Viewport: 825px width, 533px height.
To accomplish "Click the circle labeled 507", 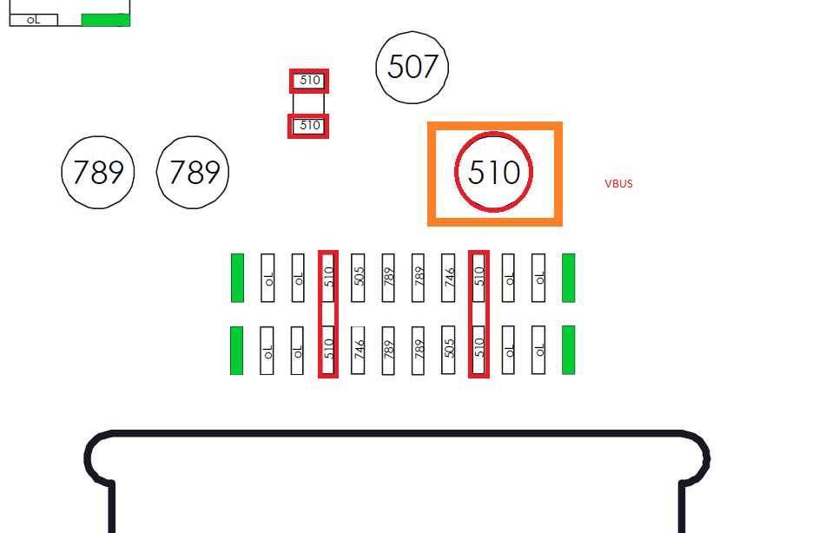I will point(412,68).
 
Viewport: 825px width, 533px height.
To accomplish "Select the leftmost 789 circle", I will point(98,173).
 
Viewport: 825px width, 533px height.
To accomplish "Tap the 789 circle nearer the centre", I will point(193,173).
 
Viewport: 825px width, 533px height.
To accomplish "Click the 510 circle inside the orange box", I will point(494,173).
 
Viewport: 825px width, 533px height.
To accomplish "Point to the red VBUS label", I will point(618,184).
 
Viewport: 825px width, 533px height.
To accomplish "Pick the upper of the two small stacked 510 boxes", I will point(309,81).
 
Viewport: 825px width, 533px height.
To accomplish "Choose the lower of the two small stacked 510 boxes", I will point(309,126).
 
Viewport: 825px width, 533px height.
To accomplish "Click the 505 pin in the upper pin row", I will point(358,278).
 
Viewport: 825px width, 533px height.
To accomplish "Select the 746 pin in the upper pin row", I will point(449,278).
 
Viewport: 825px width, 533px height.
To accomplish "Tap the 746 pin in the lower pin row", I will point(358,350).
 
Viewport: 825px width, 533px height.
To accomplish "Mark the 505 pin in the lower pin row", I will point(449,350).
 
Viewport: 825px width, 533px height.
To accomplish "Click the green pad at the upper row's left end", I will point(237,278).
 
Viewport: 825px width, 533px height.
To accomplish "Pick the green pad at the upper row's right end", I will point(569,278).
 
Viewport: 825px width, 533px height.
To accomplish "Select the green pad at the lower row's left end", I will point(236,350).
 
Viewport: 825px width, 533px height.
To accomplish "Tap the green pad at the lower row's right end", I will point(569,350).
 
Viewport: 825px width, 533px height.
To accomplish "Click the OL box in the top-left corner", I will point(33,20).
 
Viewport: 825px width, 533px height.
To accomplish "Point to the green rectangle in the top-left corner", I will point(105,19).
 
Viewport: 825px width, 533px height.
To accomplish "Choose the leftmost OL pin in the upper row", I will point(267,278).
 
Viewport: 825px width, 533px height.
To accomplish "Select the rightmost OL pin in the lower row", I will point(538,350).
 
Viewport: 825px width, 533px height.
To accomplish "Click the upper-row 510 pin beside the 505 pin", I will point(327,278).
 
